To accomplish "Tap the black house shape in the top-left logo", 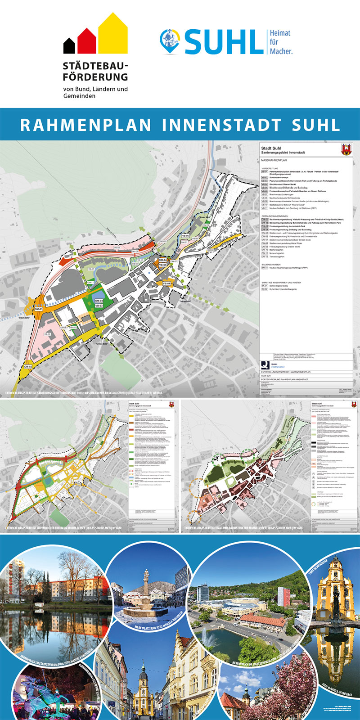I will [69, 45].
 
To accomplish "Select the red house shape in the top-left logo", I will [86, 41].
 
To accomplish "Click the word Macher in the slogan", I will [281, 51].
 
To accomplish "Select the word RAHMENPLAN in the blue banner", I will [85, 125].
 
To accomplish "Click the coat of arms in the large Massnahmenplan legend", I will [346, 149].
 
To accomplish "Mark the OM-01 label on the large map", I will [38, 309].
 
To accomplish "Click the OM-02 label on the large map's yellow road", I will [28, 367].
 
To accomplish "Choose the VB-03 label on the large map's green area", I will [99, 306].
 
